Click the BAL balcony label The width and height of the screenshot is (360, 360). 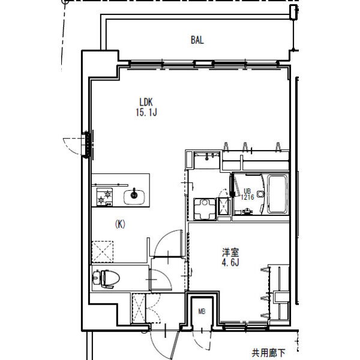pos(197,40)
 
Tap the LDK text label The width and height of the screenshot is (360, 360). pos(146,102)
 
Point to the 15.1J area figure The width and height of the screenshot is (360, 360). pos(146,113)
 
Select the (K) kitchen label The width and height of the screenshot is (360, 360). pos(120,224)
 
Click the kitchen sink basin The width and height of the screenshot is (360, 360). pos(134,197)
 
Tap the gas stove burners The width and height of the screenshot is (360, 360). pos(104,197)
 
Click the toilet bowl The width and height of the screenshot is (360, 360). pos(106,278)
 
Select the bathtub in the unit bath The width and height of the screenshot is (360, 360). pos(278,194)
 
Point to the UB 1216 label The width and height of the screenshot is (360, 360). pos(247,194)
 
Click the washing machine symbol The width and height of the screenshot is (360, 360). pos(205,209)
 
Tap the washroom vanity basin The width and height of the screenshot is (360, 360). pos(207,158)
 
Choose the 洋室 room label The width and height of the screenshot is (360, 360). pos(230,253)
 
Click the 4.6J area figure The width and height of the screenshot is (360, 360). pos(230,262)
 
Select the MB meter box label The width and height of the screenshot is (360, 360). pos(202,311)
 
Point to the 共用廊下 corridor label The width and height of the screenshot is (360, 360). pos(269,353)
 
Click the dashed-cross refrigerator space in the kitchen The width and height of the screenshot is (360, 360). pos(103,251)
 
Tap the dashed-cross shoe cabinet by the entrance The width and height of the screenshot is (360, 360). pos(139,308)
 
